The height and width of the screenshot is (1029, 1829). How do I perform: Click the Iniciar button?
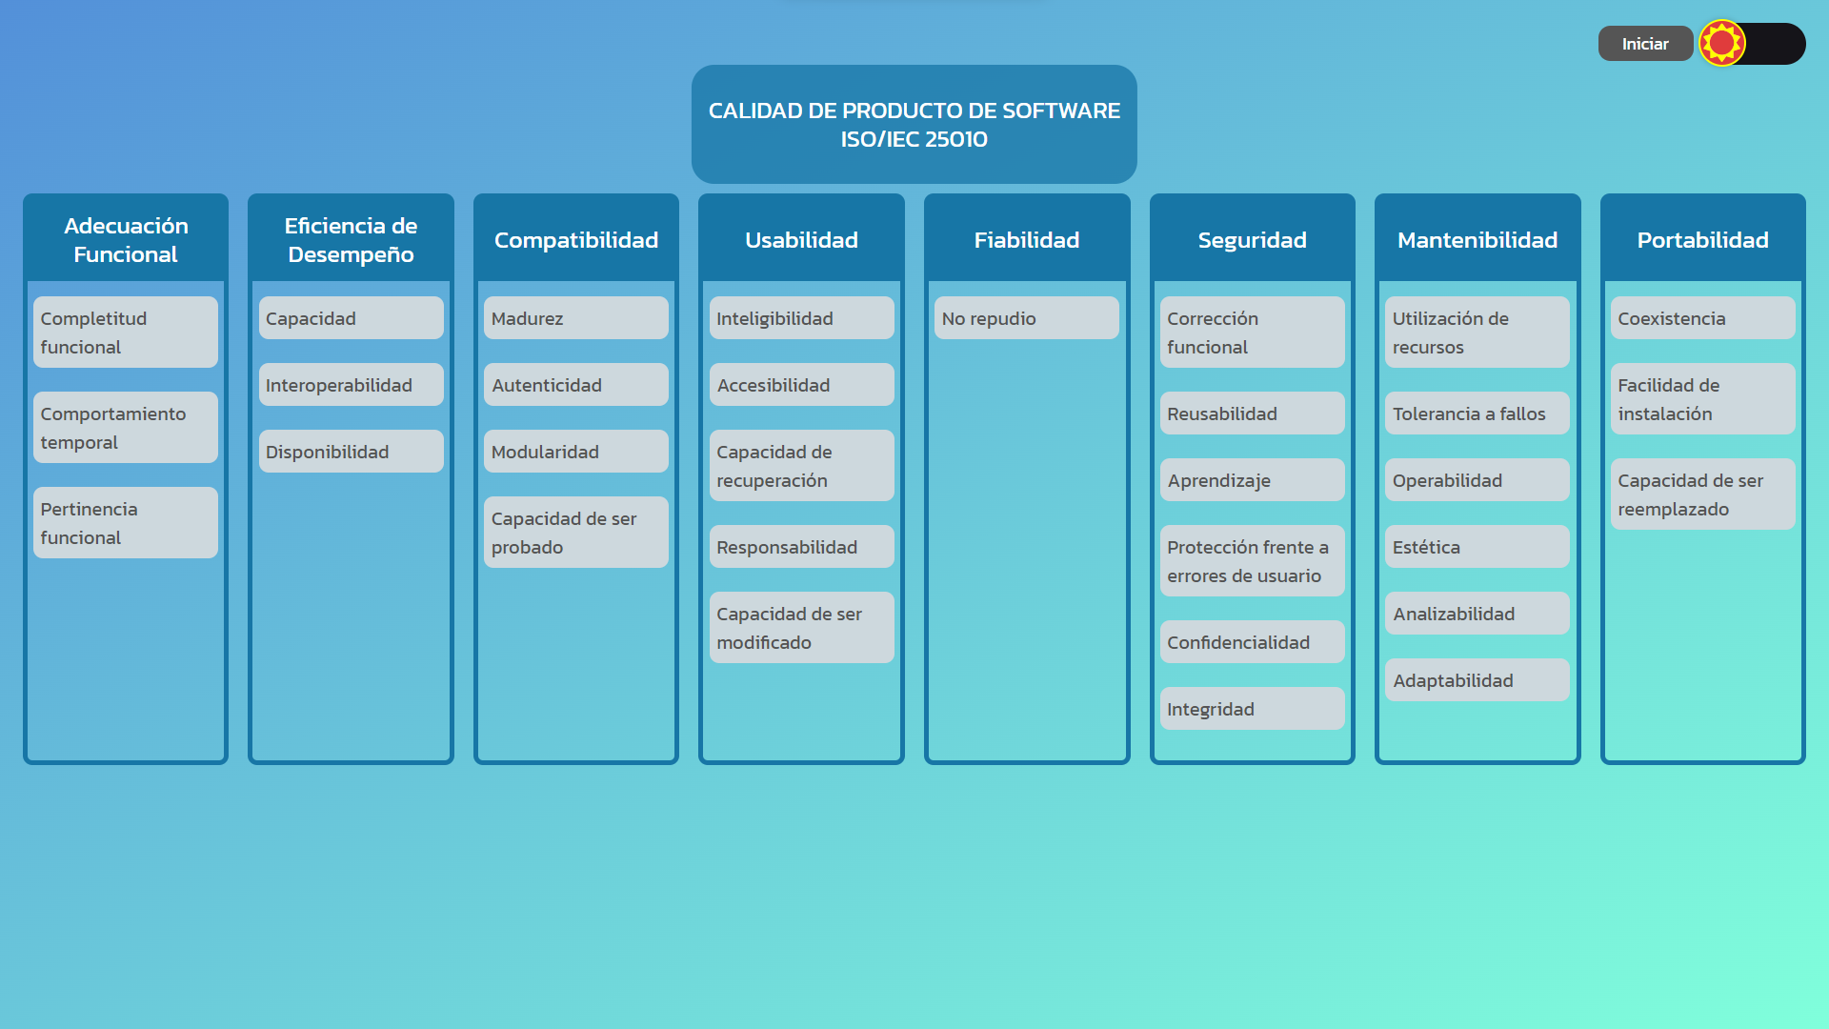click(1645, 44)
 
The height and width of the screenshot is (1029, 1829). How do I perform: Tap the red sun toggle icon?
click(1721, 43)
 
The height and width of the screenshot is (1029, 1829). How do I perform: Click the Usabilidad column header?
click(801, 240)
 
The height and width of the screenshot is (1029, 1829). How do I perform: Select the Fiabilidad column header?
click(1026, 240)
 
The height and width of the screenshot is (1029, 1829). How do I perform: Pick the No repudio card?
click(1026, 318)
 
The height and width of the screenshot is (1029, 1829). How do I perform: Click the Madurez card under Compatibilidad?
click(575, 318)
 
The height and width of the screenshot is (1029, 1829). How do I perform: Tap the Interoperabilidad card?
click(351, 385)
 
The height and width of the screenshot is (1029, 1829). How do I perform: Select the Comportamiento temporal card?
click(125, 428)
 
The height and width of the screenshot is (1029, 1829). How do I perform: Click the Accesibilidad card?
click(801, 385)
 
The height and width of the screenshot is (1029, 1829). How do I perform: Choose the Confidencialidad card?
click(1252, 642)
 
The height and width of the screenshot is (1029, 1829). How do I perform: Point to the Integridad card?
click(1252, 709)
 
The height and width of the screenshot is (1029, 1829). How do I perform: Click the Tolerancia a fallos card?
click(1477, 414)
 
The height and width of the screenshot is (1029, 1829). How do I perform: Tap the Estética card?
click(1477, 547)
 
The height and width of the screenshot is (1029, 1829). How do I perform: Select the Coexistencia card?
click(1702, 318)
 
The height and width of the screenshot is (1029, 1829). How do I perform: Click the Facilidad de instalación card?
click(1702, 399)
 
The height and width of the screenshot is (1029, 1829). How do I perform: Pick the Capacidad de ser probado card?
click(575, 533)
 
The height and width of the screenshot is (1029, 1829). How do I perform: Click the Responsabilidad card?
click(801, 547)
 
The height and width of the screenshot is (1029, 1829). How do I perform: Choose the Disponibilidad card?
click(351, 452)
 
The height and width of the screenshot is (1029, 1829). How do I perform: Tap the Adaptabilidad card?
click(1477, 680)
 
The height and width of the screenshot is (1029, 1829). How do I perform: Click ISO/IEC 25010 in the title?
click(914, 139)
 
